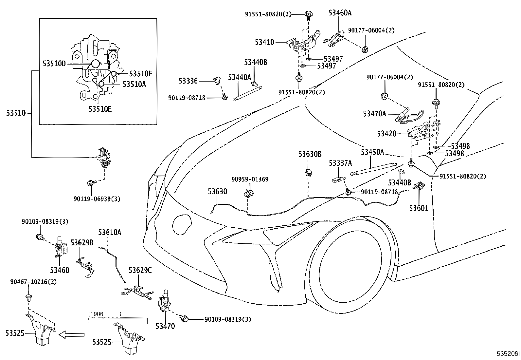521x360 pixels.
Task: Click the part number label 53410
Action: (264, 42)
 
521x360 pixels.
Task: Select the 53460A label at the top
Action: (340, 13)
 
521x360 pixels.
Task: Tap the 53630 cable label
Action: (217, 191)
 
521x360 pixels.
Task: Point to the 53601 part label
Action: (419, 208)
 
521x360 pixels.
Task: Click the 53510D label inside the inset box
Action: (54, 64)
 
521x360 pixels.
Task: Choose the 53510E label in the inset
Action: (100, 108)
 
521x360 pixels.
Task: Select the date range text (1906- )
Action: (105, 313)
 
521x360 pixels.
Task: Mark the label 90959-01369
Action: (250, 179)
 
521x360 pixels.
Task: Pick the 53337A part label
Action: (340, 163)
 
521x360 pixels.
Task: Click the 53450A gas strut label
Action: (372, 152)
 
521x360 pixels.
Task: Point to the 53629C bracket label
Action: (140, 271)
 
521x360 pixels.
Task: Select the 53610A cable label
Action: (110, 232)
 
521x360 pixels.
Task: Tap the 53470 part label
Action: (165, 326)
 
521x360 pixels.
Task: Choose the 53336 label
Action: (188, 81)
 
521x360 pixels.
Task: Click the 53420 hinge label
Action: (386, 134)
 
